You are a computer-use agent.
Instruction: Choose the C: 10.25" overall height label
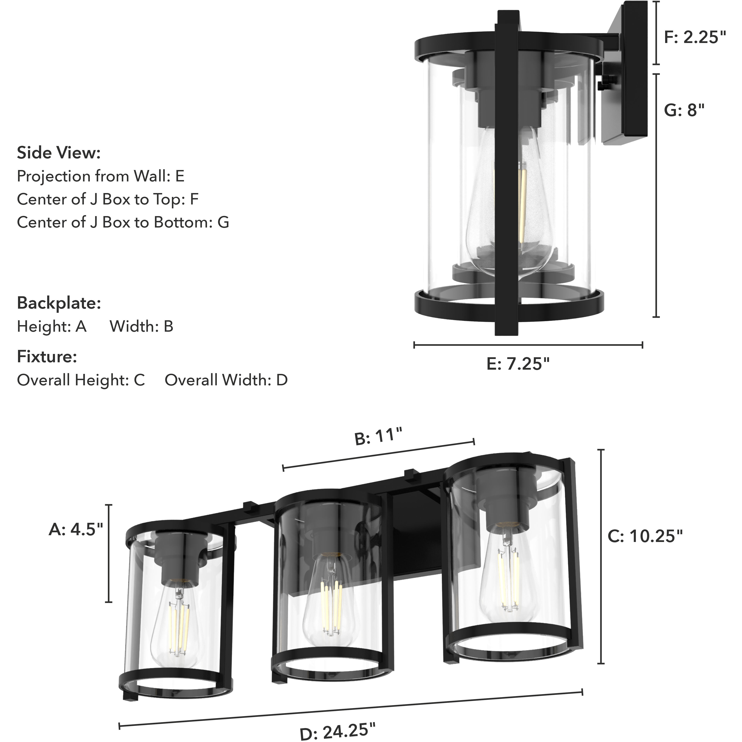pyautogui.click(x=645, y=536)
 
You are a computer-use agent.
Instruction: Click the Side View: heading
pyautogui.click(x=59, y=153)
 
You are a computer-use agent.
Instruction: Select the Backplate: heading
pyautogui.click(x=59, y=303)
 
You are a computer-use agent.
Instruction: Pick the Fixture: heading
pyautogui.click(x=47, y=357)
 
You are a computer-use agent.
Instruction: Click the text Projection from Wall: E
pyautogui.click(x=101, y=176)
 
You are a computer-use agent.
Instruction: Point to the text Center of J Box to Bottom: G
pyautogui.click(x=123, y=222)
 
